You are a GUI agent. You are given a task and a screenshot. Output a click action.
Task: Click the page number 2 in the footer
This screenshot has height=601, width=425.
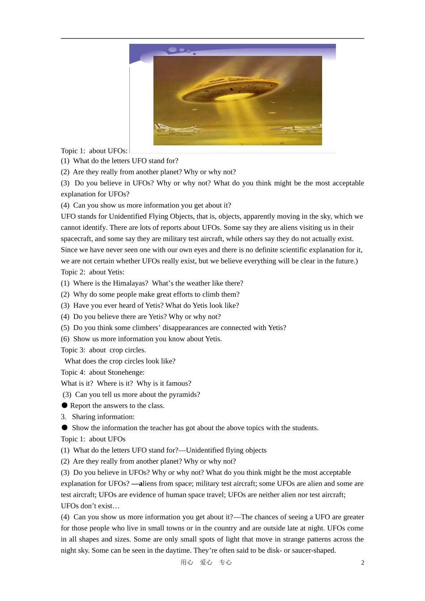(x=363, y=563)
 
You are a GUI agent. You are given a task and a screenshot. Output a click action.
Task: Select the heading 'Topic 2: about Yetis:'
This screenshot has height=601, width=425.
(x=93, y=272)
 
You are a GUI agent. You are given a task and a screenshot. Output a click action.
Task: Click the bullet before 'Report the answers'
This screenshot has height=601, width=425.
(x=64, y=405)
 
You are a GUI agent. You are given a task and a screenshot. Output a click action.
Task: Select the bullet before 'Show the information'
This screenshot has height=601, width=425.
(x=64, y=427)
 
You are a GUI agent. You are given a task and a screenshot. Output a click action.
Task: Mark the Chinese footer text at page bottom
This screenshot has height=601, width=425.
(x=206, y=563)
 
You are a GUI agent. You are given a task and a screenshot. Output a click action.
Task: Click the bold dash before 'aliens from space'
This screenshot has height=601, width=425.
(x=135, y=483)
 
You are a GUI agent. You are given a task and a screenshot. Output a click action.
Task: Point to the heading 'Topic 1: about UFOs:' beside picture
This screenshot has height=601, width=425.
(x=94, y=151)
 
